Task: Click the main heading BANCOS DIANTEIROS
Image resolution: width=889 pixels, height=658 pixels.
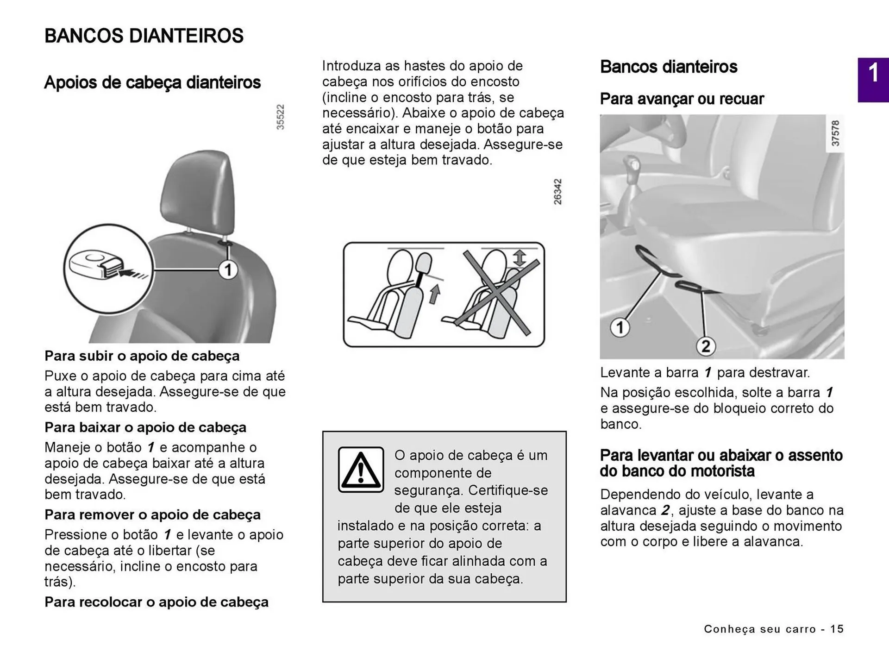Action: [144, 36]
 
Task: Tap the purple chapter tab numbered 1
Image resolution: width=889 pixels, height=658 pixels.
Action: [873, 79]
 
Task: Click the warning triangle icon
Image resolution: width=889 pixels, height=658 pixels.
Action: [361, 469]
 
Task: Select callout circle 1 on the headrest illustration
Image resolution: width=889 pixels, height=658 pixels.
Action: [228, 269]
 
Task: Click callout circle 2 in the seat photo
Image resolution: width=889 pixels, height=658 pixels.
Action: [706, 346]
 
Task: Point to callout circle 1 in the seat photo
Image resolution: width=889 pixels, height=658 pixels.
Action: [620, 327]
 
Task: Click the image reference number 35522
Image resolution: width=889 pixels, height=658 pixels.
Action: [280, 117]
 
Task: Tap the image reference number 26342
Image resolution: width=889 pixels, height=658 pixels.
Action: [557, 192]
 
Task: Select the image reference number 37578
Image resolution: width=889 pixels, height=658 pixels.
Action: [835, 133]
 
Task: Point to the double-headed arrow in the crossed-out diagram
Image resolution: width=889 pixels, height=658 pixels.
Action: [520, 258]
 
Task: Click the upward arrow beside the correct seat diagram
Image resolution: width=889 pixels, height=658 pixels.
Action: [434, 295]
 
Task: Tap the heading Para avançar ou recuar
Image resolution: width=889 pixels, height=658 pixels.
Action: [682, 99]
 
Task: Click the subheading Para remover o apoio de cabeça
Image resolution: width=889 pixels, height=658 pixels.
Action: [152, 514]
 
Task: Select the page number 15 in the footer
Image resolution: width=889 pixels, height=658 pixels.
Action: [837, 629]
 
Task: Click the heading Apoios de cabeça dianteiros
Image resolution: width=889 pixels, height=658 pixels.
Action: [152, 82]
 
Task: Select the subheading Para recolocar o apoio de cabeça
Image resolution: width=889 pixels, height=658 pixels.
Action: [157, 602]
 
